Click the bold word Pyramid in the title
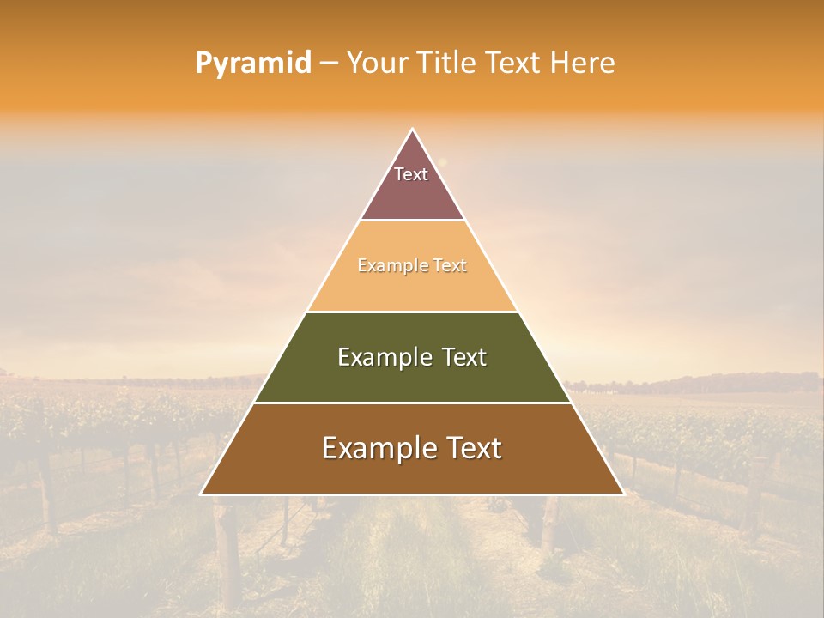[x=253, y=64]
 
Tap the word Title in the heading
[x=451, y=64]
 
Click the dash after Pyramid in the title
[x=329, y=64]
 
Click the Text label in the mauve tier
[x=411, y=174]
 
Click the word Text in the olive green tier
[x=465, y=357]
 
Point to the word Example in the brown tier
[x=377, y=448]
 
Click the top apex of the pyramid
[x=412, y=130]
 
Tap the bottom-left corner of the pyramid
[x=202, y=494]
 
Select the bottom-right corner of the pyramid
[x=622, y=494]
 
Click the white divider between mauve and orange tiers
[x=412, y=221]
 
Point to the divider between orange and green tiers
[x=412, y=312]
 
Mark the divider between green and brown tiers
[x=412, y=403]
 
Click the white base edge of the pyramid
[x=412, y=494]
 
